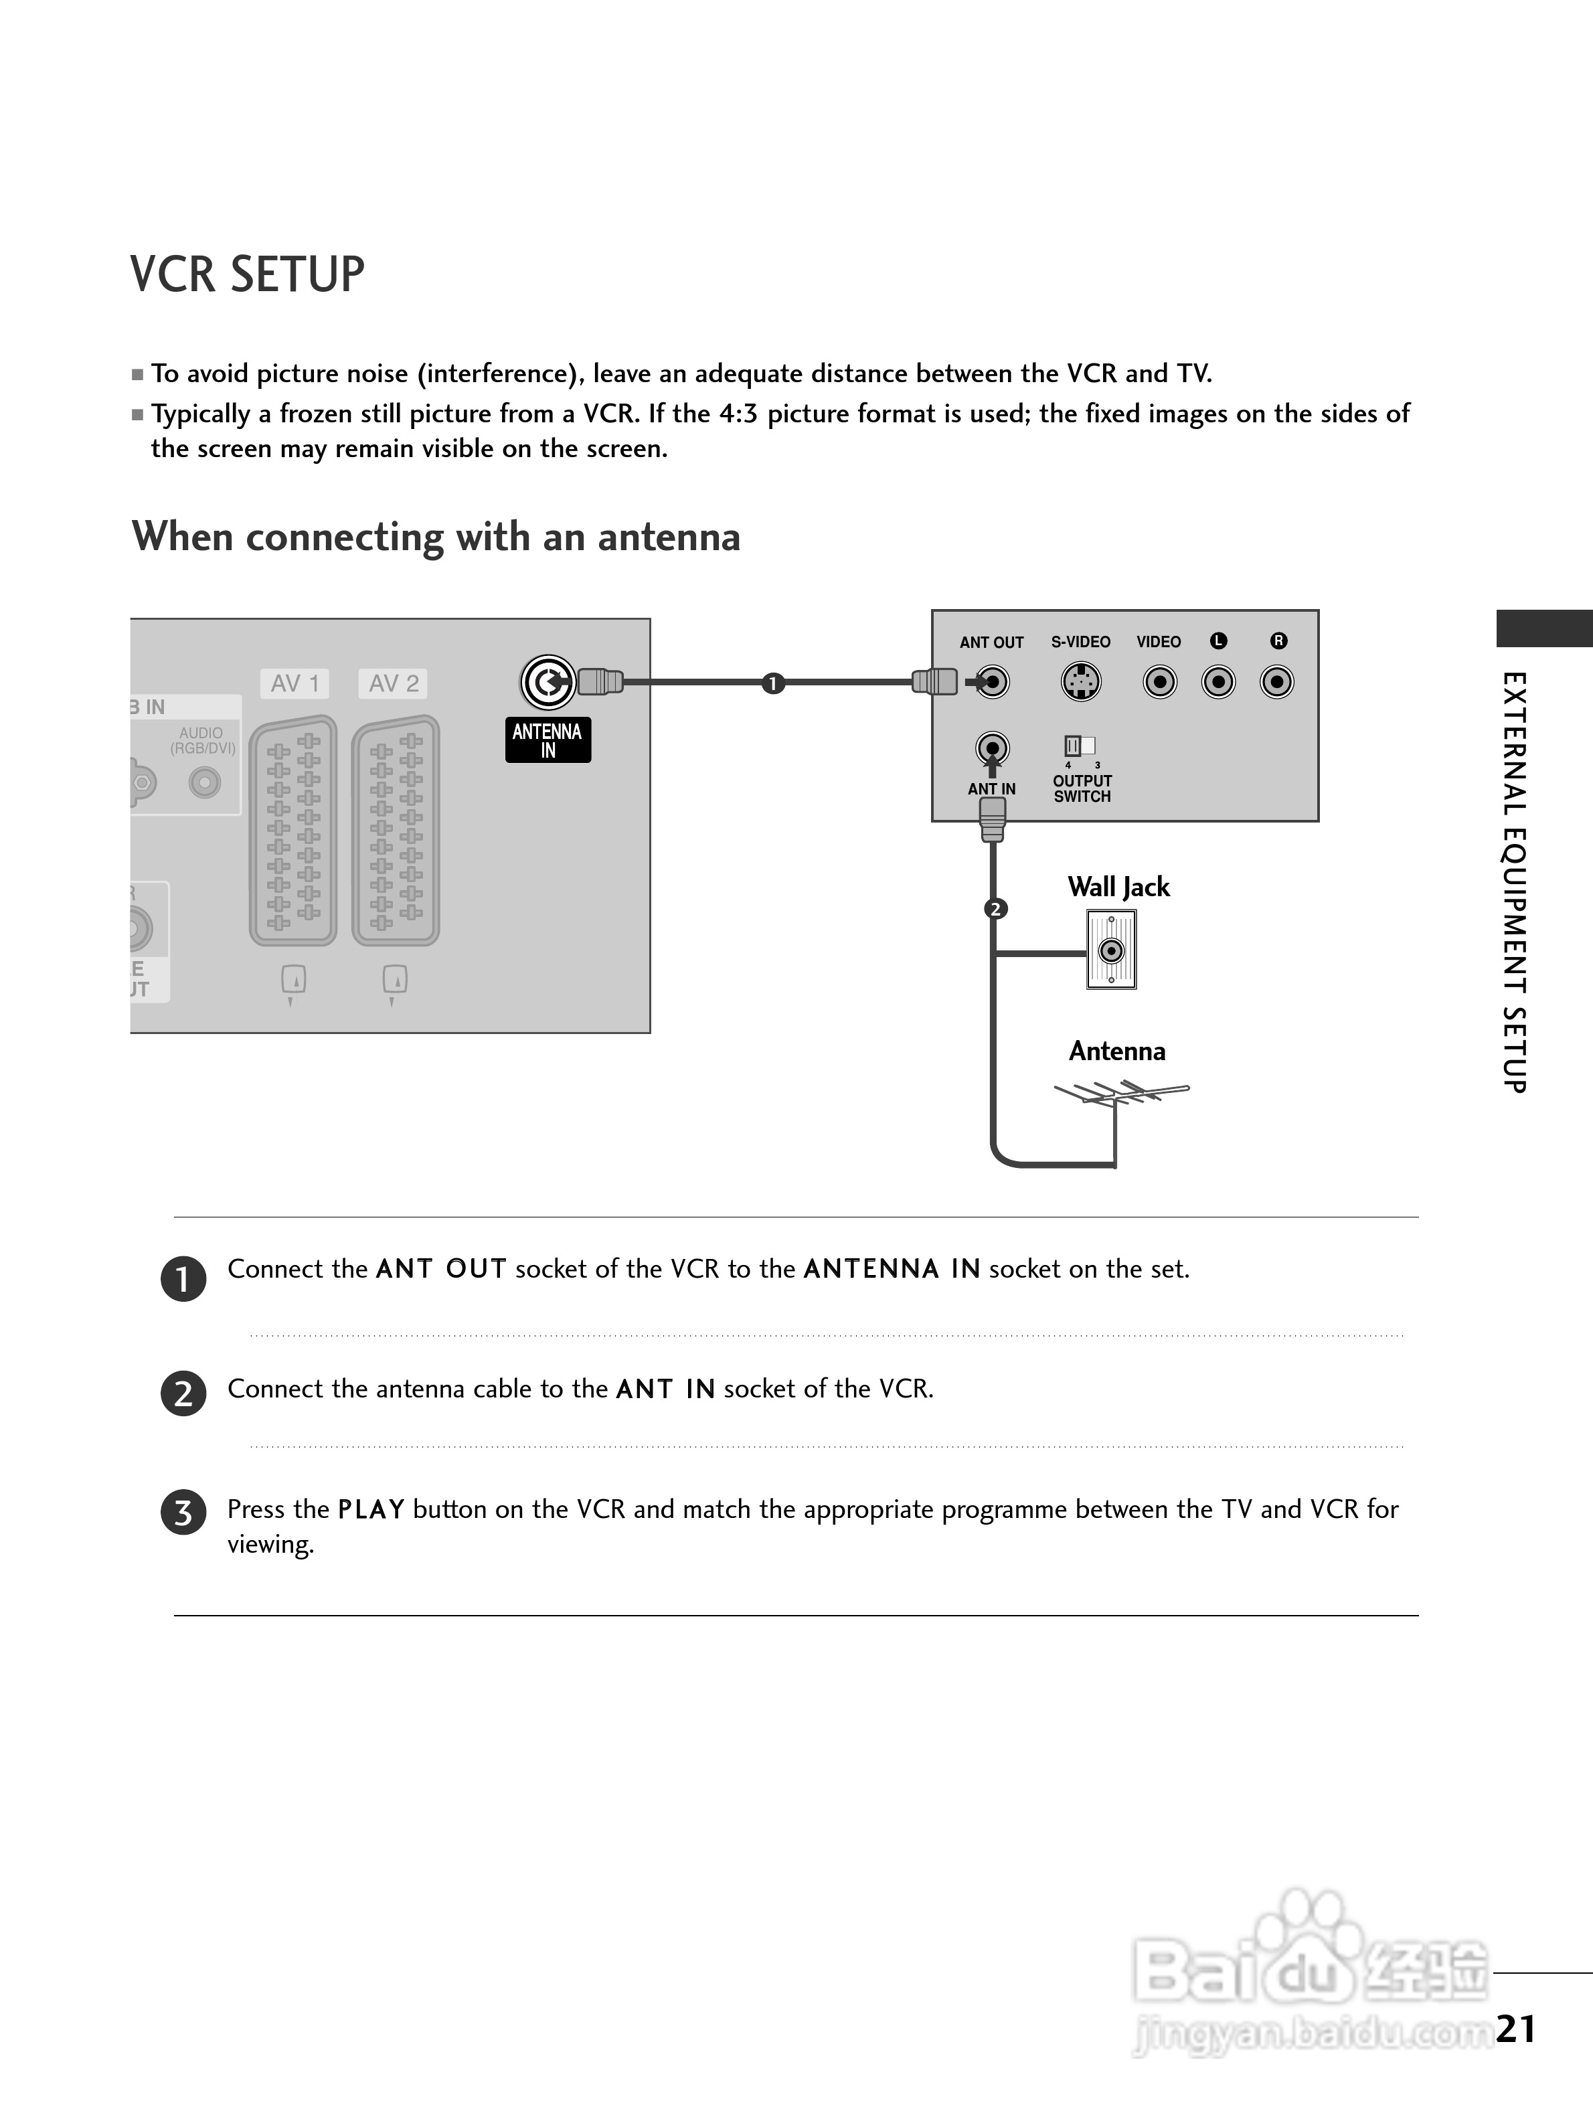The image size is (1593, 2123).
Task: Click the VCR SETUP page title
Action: click(x=248, y=274)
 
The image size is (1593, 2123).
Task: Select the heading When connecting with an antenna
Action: click(x=436, y=537)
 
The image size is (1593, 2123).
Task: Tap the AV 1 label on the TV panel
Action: click(x=295, y=683)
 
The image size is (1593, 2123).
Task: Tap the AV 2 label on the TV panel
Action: click(x=394, y=683)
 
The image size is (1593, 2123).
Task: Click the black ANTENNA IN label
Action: click(x=548, y=740)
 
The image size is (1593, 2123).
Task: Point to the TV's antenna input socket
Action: click(x=547, y=683)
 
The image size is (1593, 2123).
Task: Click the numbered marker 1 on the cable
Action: click(x=772, y=683)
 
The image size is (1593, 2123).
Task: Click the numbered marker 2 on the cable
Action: click(x=995, y=908)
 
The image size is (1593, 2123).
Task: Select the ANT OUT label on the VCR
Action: click(x=991, y=642)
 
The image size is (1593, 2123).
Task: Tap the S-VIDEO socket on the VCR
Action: click(x=1080, y=683)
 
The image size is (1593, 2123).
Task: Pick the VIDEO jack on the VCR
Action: click(x=1159, y=683)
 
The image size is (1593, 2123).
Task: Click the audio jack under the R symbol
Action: click(x=1277, y=683)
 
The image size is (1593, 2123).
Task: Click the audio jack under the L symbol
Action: click(x=1218, y=683)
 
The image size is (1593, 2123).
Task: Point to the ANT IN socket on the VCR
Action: click(x=992, y=748)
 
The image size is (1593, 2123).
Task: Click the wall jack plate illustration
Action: click(x=1111, y=950)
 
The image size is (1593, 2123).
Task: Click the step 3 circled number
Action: click(x=183, y=1513)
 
